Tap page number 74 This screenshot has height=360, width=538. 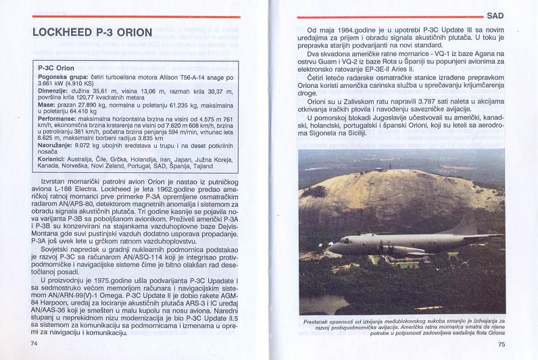click(x=34, y=343)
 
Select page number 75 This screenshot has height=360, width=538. click(x=501, y=344)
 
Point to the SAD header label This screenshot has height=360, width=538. click(x=495, y=14)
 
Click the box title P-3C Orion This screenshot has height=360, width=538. click(x=57, y=68)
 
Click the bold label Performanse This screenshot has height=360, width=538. click(x=58, y=119)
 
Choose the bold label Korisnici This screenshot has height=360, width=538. click(x=54, y=159)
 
